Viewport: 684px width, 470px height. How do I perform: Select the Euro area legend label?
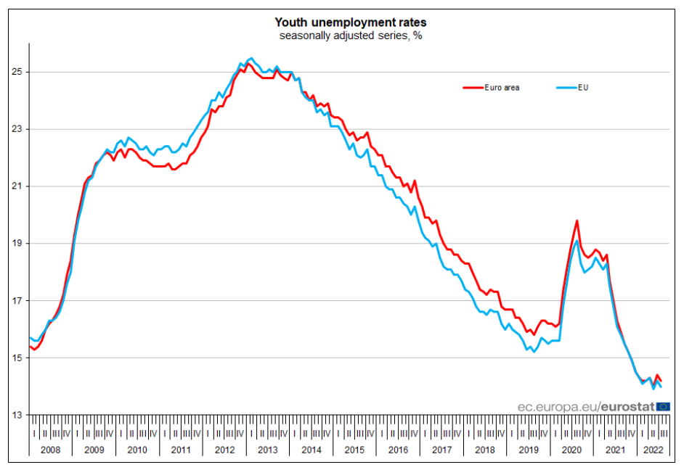503,88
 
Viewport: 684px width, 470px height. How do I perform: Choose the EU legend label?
582,88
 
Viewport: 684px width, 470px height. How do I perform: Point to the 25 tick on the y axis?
17,72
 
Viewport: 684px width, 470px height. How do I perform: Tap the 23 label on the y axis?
17,129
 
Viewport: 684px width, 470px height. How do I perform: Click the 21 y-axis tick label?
17,186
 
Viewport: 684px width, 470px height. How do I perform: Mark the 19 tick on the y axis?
17,244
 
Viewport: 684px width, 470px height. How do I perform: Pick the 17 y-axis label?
17,301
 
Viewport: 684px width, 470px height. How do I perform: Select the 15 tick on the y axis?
17,358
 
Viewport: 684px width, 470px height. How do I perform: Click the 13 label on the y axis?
17,415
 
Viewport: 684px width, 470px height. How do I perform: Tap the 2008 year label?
51,450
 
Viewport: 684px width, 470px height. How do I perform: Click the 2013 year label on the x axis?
267,450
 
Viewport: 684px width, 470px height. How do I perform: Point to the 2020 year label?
571,450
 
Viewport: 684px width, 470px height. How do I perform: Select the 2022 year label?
651,450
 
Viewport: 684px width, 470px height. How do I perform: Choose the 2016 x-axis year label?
398,450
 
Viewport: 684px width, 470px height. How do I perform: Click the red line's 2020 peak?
577,220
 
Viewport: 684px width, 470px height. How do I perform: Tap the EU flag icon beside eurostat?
663,407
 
